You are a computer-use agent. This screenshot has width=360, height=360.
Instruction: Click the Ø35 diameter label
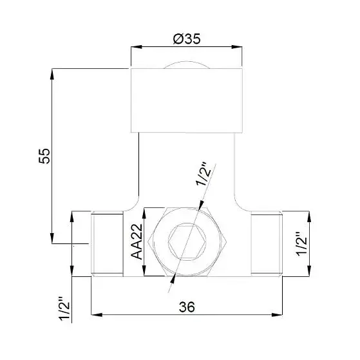tap(187, 39)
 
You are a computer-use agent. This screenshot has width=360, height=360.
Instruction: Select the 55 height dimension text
tap(44, 156)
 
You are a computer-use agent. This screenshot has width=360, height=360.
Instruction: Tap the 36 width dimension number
tap(187, 307)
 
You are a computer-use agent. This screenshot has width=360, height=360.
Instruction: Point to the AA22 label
tap(137, 242)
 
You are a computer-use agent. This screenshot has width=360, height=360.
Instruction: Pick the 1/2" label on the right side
tap(301, 244)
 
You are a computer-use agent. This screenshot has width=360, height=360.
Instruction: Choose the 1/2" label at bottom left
tap(64, 309)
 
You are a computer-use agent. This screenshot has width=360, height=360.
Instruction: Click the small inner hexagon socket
tap(187, 242)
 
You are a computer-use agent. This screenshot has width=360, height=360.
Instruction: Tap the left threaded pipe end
tap(107, 244)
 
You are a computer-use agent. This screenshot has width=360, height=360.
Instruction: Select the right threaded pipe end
tap(267, 244)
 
